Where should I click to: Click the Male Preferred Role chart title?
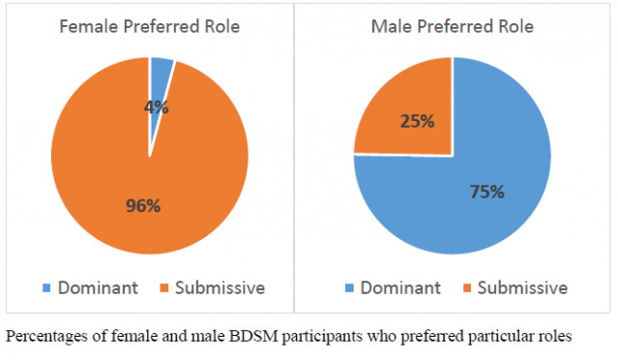pos(453,26)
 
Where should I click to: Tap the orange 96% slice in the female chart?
pos(106,165)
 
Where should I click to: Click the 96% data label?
pos(144,205)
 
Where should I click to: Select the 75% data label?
pos(486,192)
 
